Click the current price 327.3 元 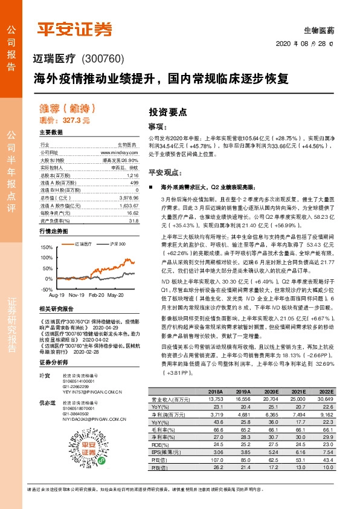76,121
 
